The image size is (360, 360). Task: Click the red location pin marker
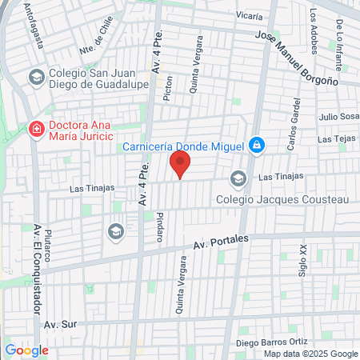pyautogui.click(x=180, y=166)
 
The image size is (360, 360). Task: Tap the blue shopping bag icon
pyautogui.click(x=256, y=146)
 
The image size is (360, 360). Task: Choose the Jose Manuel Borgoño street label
pyautogui.click(x=297, y=58)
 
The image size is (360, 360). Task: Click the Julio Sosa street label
pyautogui.click(x=337, y=117)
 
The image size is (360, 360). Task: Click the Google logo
pyautogui.click(x=26, y=350)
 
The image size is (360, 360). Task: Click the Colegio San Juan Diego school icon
pyautogui.click(x=36, y=78)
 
